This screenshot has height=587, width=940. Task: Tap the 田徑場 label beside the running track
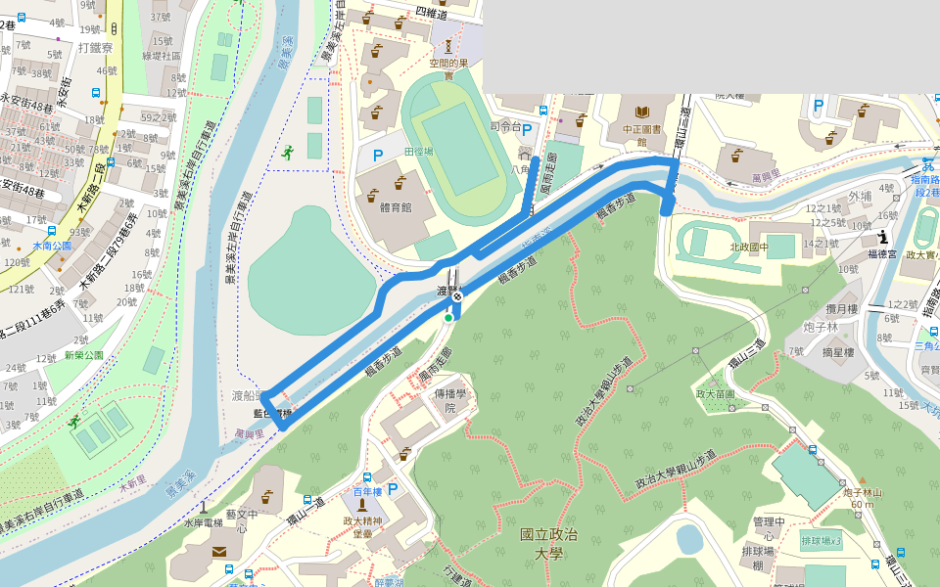pyautogui.click(x=419, y=152)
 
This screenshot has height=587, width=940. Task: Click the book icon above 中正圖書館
pyautogui.click(x=642, y=112)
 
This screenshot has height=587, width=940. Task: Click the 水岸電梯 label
pyautogui.click(x=203, y=522)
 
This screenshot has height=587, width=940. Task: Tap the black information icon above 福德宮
pyautogui.click(x=884, y=236)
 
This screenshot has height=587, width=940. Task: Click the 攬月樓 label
pyautogui.click(x=840, y=309)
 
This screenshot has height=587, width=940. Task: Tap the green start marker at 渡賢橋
pyautogui.click(x=448, y=317)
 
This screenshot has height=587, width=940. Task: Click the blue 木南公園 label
pyautogui.click(x=52, y=247)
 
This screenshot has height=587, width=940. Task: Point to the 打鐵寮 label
pyautogui.click(x=96, y=47)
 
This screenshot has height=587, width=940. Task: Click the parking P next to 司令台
pyautogui.click(x=527, y=129)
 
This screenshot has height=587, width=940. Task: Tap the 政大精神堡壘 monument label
pyautogui.click(x=362, y=527)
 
